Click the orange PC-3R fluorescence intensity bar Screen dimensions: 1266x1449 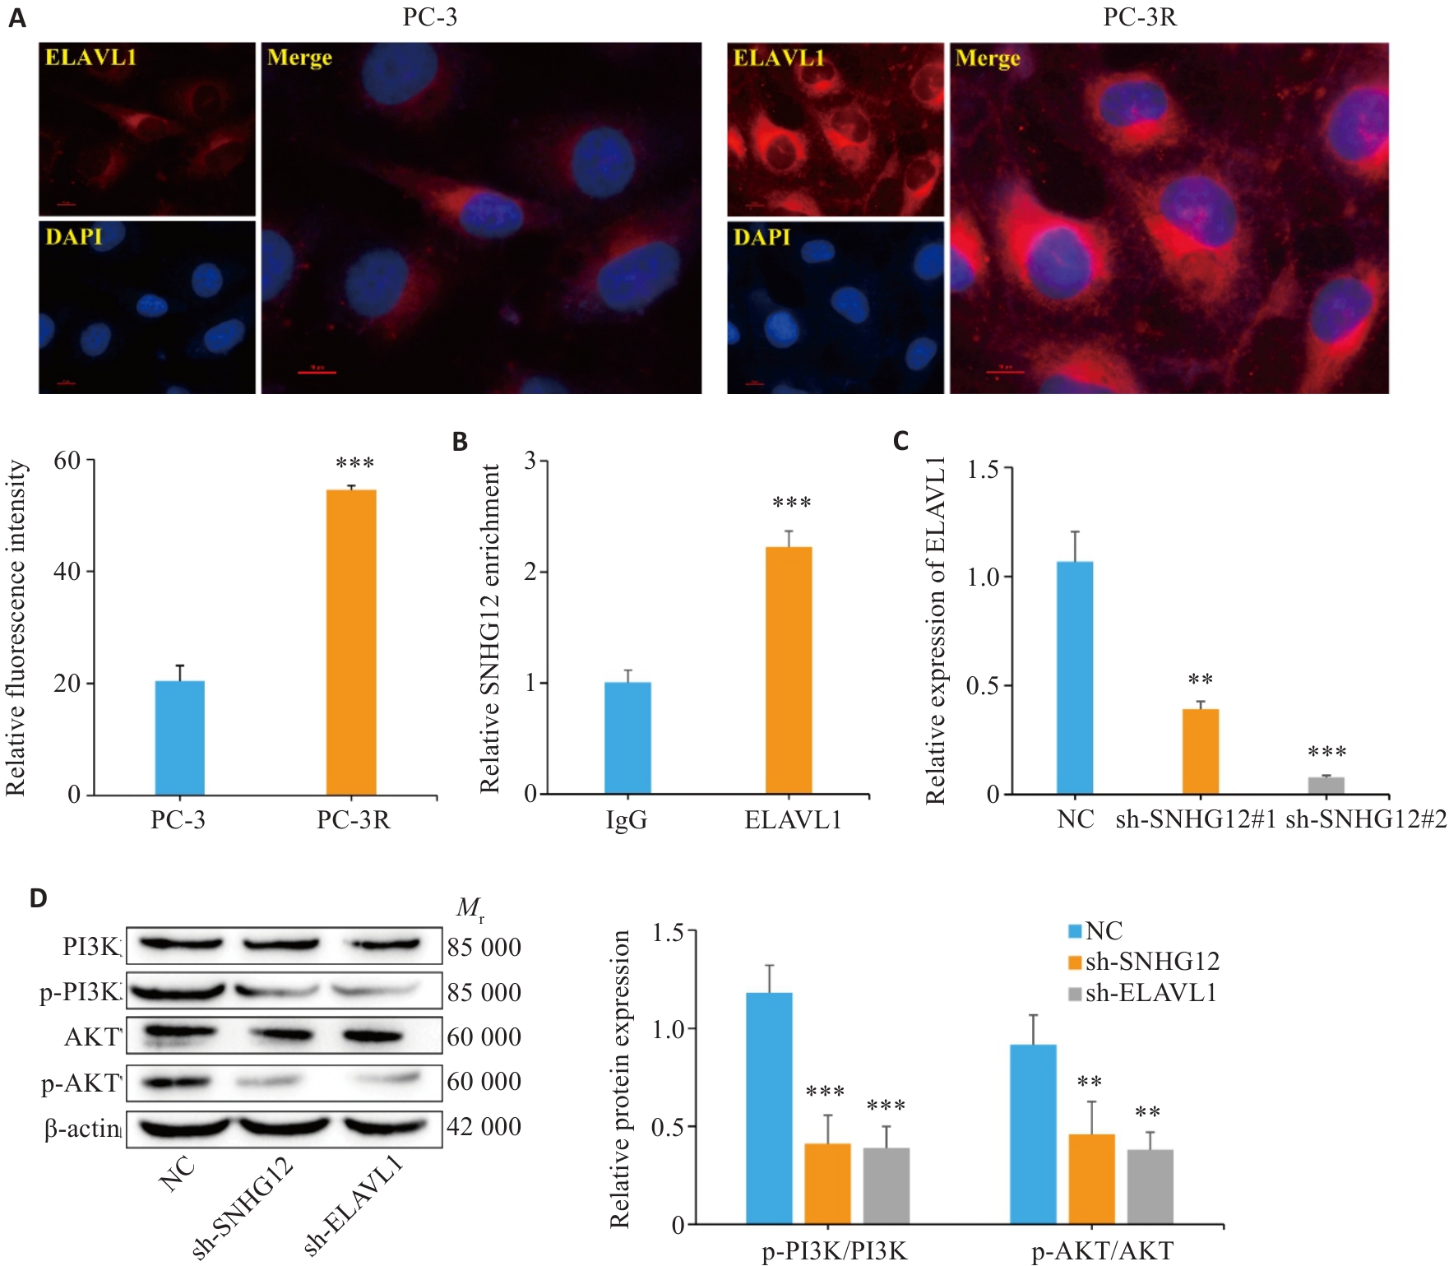coord(351,642)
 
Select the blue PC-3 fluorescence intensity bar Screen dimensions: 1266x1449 coord(179,738)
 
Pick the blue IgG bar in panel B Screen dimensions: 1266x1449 coord(627,738)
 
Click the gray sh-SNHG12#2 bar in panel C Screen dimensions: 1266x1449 coord(1326,786)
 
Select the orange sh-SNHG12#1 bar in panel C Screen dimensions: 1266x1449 coord(1200,751)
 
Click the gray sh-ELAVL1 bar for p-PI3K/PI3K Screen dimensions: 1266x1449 coord(887,1185)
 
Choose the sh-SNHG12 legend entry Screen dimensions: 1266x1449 coord(1143,962)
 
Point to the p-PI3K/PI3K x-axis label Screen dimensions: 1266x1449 coord(835,1251)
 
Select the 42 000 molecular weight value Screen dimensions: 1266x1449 coord(484,1126)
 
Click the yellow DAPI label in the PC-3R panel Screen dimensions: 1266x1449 coord(762,237)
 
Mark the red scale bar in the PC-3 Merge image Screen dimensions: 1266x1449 coord(317,372)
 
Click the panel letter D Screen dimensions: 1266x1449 coord(38,897)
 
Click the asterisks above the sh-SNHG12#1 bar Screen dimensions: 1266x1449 coord(1201,680)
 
